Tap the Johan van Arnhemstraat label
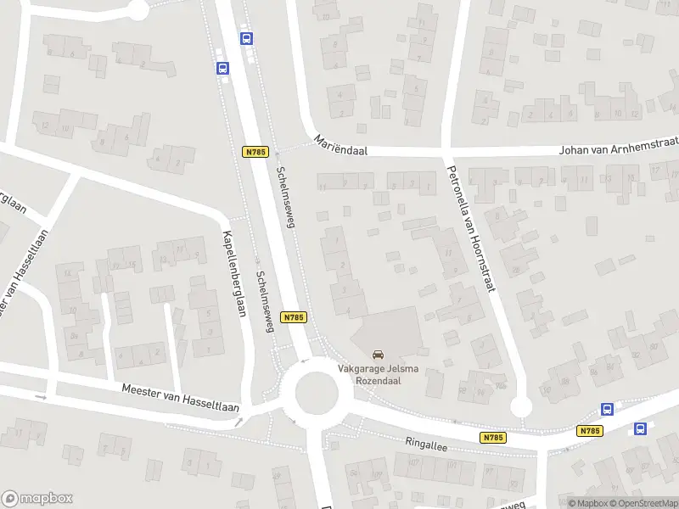coord(618,149)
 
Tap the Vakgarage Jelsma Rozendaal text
coord(378,375)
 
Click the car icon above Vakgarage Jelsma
coord(378,355)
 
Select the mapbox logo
coord(37,499)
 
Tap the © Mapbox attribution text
coord(588,503)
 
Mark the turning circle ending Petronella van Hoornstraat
coord(520,408)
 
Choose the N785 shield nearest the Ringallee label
coord(491,438)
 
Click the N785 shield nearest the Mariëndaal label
coord(255,152)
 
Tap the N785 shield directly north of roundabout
coord(293,316)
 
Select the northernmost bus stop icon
coord(246,38)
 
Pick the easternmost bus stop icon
coord(641,429)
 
